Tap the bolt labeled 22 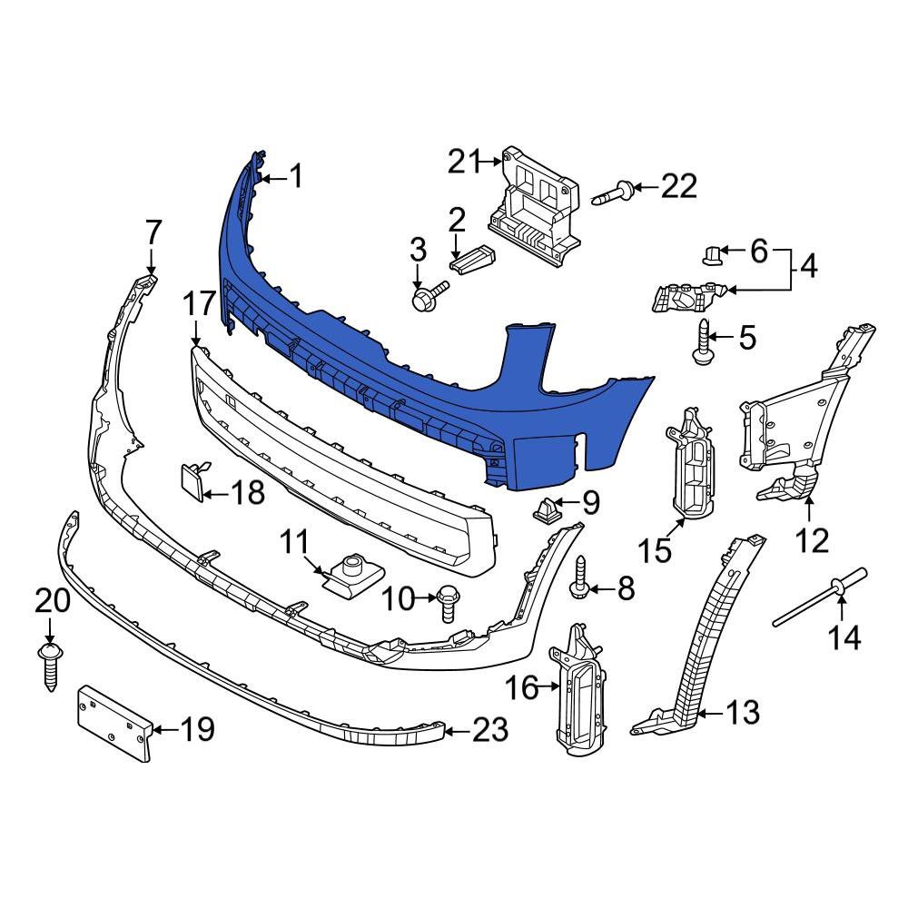coord(613,192)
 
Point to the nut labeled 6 coord(714,254)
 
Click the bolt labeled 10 coord(447,602)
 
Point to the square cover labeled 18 coord(191,480)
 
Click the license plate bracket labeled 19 coord(113,724)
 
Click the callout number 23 coord(490,729)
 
